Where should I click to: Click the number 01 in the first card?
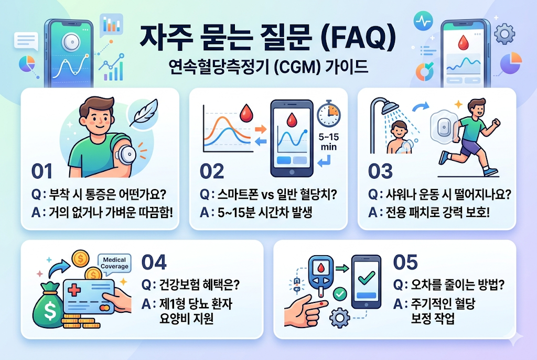pyautogui.click(x=42, y=171)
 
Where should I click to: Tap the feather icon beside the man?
pyautogui.click(x=143, y=113)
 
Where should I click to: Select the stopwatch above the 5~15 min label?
pyautogui.click(x=328, y=114)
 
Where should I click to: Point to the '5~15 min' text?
pyautogui.click(x=328, y=142)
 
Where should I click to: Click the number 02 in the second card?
pyautogui.click(x=212, y=171)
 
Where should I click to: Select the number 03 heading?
pyautogui.click(x=380, y=171)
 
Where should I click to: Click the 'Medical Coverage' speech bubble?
pyautogui.click(x=114, y=264)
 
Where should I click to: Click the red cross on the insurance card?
pyautogui.click(x=74, y=290)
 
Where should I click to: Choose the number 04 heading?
pyautogui.click(x=154, y=262)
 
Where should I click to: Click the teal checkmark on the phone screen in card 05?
pyautogui.click(x=367, y=278)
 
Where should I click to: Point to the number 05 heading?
pyautogui.click(x=405, y=262)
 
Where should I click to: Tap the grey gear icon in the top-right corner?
pyautogui.click(x=504, y=34)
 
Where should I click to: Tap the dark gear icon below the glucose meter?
pyautogui.click(x=340, y=318)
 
